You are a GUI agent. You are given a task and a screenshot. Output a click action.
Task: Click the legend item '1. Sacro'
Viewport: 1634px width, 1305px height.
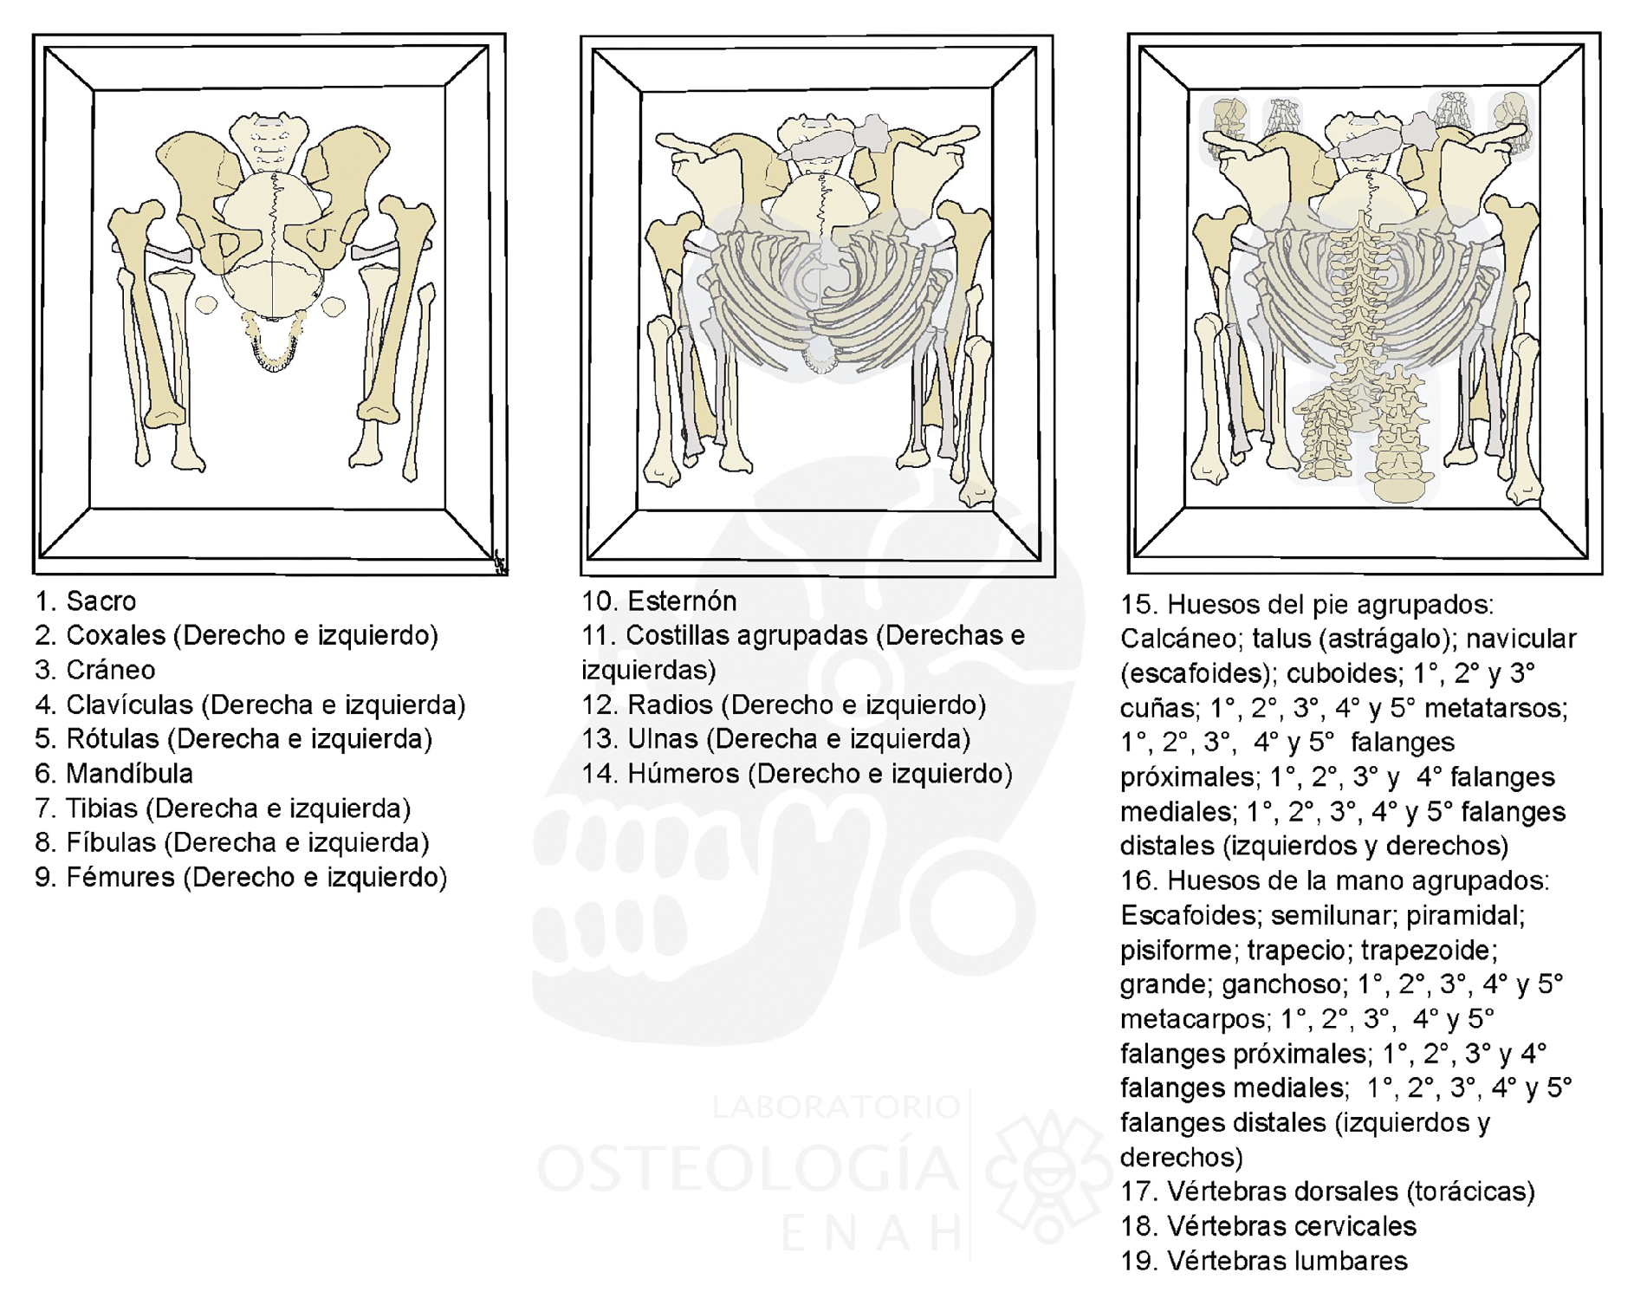pyautogui.click(x=85, y=601)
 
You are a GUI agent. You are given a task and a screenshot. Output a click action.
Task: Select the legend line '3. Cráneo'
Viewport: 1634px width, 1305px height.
pyautogui.click(x=95, y=670)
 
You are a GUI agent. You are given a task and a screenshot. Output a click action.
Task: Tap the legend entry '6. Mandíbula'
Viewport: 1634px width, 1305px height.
pyautogui.click(x=114, y=773)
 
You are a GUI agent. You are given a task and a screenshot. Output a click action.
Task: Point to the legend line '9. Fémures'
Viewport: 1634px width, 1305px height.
pyautogui.click(x=241, y=877)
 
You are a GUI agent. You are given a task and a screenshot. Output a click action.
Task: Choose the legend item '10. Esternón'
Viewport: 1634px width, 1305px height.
pyautogui.click(x=659, y=601)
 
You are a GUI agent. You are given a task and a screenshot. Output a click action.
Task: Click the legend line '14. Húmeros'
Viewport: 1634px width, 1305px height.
pyautogui.click(x=797, y=773)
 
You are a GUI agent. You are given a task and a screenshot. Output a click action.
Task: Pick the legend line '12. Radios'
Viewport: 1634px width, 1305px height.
pyautogui.click(x=784, y=704)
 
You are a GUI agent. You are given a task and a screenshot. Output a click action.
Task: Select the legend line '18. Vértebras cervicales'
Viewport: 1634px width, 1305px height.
pyautogui.click(x=1268, y=1226)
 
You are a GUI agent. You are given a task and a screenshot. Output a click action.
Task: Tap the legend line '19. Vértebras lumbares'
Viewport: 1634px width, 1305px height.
pyautogui.click(x=1264, y=1261)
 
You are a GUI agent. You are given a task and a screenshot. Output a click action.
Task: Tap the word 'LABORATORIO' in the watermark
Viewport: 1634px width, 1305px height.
pyautogui.click(x=836, y=1107)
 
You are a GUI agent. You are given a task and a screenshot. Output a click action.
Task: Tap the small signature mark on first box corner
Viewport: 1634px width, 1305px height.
pyautogui.click(x=500, y=563)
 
